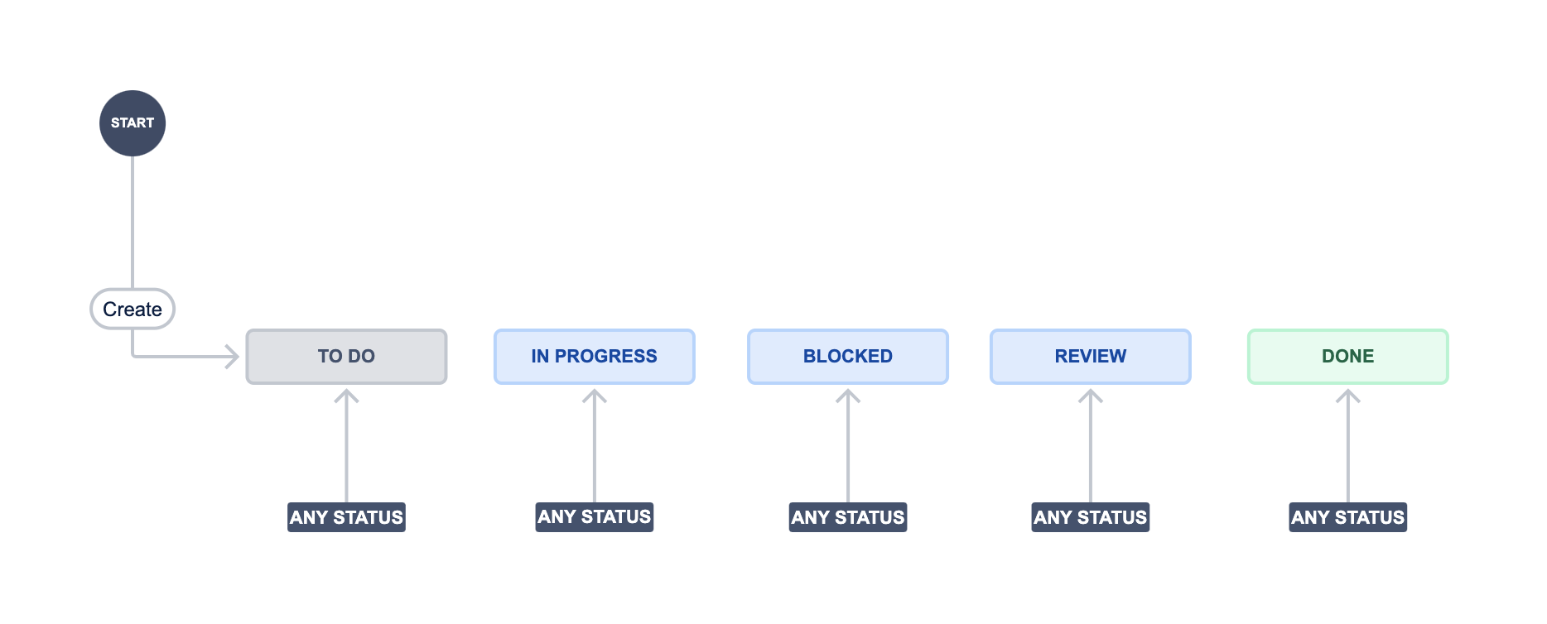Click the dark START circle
pyautogui.click(x=133, y=123)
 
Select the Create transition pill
pyautogui.click(x=133, y=309)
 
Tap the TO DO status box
pyautogui.click(x=346, y=357)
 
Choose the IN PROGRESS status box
pyautogui.click(x=595, y=357)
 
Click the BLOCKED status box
pyautogui.click(x=848, y=357)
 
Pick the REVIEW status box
pyautogui.click(x=1091, y=357)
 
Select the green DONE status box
pyautogui.click(x=1348, y=357)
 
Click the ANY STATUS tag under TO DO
pyautogui.click(x=346, y=517)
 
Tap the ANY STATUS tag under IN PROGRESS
pyautogui.click(x=595, y=517)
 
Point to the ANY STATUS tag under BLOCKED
pyautogui.click(x=848, y=517)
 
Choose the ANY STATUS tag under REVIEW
pyautogui.click(x=1091, y=517)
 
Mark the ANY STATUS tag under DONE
pyautogui.click(x=1348, y=517)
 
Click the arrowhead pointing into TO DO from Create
pyautogui.click(x=233, y=357)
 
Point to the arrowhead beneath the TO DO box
pyautogui.click(x=346, y=396)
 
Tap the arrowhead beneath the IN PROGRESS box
pyautogui.click(x=595, y=396)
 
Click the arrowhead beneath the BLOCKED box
pyautogui.click(x=848, y=396)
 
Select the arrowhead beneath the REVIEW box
pyautogui.click(x=1091, y=396)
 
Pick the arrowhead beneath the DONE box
pyautogui.click(x=1348, y=396)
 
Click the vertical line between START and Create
pyautogui.click(x=133, y=222)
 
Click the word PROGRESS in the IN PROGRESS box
pyautogui.click(x=606, y=357)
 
